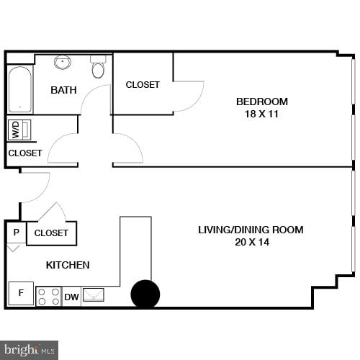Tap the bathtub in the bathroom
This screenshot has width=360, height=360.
(x=19, y=89)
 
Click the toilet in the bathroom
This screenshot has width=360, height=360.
(x=99, y=68)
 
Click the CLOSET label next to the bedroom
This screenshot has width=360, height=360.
(x=143, y=85)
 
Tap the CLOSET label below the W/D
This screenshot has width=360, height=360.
(x=25, y=153)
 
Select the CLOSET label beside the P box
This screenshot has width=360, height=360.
(x=51, y=233)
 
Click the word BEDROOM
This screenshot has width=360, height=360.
(x=261, y=102)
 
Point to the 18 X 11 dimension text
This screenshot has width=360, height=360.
(x=261, y=114)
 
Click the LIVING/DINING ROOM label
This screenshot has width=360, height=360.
(x=251, y=230)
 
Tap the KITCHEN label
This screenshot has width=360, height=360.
(x=68, y=265)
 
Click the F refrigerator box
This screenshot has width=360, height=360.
(x=21, y=293)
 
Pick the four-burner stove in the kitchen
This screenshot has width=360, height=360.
(x=48, y=296)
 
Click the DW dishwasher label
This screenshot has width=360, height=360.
(x=71, y=297)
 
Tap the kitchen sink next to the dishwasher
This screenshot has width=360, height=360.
(x=94, y=295)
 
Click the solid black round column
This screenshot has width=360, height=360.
(x=145, y=294)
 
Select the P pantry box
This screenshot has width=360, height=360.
(x=16, y=232)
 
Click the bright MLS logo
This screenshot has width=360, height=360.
(x=29, y=349)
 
